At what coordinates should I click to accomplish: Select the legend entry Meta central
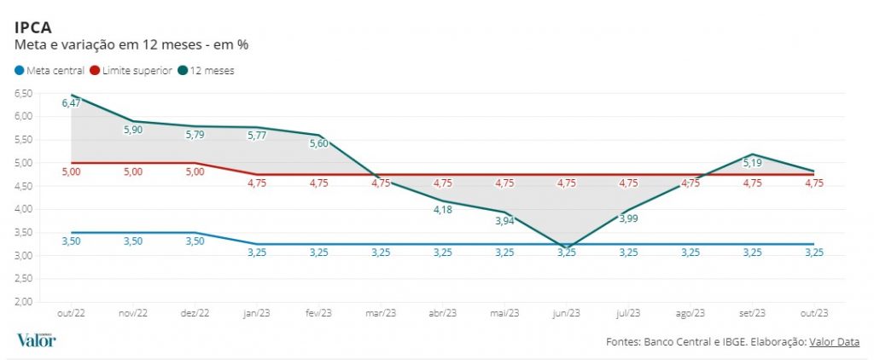53,70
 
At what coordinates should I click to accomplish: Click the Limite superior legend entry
137,70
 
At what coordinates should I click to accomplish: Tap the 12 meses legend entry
213,70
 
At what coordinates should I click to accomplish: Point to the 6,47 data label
72,103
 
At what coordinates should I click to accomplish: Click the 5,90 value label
135,130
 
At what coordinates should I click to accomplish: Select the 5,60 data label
318,143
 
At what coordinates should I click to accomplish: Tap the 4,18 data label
442,210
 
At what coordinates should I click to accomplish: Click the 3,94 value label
504,221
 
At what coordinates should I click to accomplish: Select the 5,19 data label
752,162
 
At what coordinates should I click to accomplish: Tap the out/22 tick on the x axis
72,313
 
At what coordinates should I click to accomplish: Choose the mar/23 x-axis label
381,313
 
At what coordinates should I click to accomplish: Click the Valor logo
36,340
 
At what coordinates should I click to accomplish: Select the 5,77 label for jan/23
257,134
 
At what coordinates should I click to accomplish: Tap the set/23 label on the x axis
752,313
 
